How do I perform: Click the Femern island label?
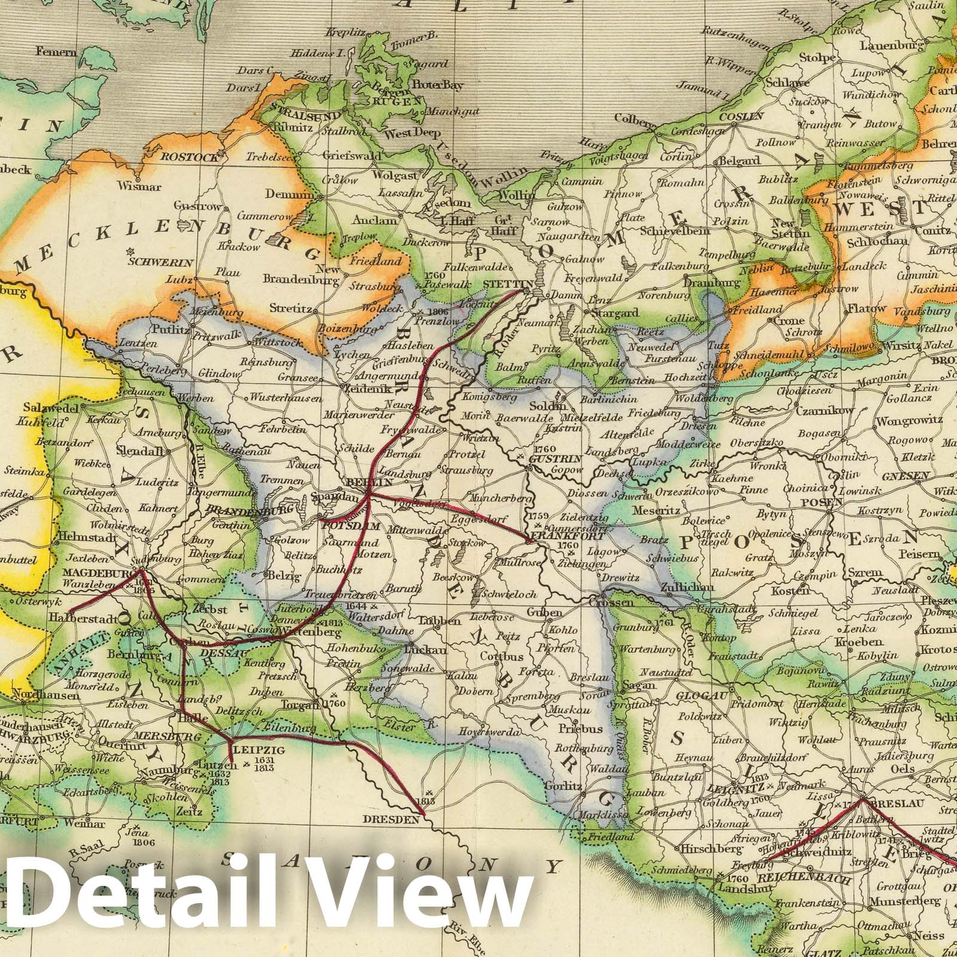tap(56, 51)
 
